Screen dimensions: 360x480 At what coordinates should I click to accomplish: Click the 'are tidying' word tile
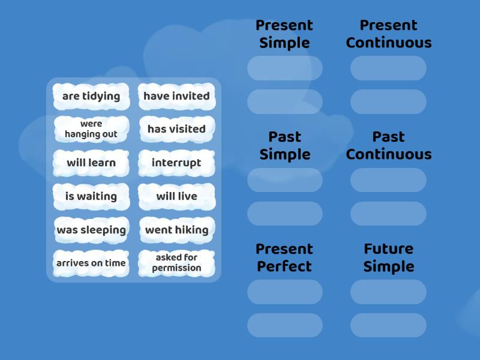(x=91, y=96)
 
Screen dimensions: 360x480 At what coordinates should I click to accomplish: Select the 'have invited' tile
(x=176, y=96)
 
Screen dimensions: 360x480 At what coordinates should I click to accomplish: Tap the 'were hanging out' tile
(x=91, y=129)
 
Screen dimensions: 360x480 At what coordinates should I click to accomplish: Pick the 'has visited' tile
(x=176, y=129)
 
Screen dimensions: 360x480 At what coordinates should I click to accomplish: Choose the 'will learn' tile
(x=91, y=163)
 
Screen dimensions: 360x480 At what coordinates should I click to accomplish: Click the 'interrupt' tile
(x=176, y=163)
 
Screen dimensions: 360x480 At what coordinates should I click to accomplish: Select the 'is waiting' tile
(x=91, y=196)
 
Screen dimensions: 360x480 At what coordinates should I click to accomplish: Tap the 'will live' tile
(x=176, y=196)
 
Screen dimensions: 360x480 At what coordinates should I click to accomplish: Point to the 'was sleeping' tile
(x=91, y=230)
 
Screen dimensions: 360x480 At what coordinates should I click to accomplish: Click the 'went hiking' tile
(x=176, y=230)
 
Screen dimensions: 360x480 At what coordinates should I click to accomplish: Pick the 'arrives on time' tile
(x=91, y=263)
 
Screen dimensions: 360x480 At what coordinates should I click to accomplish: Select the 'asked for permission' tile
(x=176, y=263)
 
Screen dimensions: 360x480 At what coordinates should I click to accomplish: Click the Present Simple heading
(x=284, y=34)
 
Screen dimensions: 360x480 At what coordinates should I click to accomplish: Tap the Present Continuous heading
(x=389, y=34)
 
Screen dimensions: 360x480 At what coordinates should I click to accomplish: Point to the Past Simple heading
(x=284, y=146)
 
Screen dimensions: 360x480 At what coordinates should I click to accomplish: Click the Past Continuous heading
(x=389, y=146)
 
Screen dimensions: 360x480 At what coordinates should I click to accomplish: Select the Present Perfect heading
(x=284, y=257)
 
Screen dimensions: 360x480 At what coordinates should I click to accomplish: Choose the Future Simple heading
(x=389, y=257)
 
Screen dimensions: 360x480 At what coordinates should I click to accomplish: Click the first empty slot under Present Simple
(x=284, y=68)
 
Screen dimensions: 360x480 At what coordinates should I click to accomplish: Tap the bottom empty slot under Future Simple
(x=388, y=325)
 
